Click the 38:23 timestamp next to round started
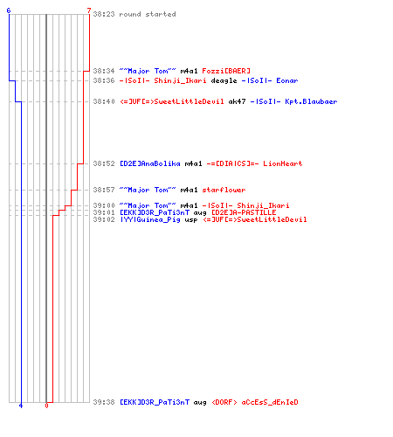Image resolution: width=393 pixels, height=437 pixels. tap(104, 14)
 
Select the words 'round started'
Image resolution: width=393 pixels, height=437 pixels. tap(148, 14)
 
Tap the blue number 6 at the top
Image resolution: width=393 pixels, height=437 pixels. tap(9, 10)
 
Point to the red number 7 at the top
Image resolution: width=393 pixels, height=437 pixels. tap(89, 10)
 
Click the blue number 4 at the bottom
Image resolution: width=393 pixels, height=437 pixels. tap(21, 406)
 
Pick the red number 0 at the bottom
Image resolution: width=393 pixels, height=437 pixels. tap(46, 406)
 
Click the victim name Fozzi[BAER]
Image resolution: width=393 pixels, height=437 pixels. tap(226, 71)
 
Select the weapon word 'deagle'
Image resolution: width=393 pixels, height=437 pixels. tap(224, 80)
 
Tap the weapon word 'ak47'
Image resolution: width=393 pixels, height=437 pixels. tap(237, 101)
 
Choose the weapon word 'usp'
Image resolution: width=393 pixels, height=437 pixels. tap(191, 220)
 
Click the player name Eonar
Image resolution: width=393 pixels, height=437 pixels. tap(287, 80)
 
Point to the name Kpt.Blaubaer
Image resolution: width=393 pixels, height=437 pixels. tap(311, 101)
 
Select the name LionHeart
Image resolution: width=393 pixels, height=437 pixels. tap(283, 163)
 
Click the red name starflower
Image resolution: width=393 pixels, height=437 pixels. tap(224, 190)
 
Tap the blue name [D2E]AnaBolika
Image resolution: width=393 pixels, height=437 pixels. tap(150, 163)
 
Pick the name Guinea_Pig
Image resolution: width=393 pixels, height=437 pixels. tap(159, 219)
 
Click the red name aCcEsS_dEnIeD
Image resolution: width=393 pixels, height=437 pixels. tap(270, 402)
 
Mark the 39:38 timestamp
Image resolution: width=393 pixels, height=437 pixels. tap(104, 402)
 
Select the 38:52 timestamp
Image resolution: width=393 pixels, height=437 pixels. tap(104, 163)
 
